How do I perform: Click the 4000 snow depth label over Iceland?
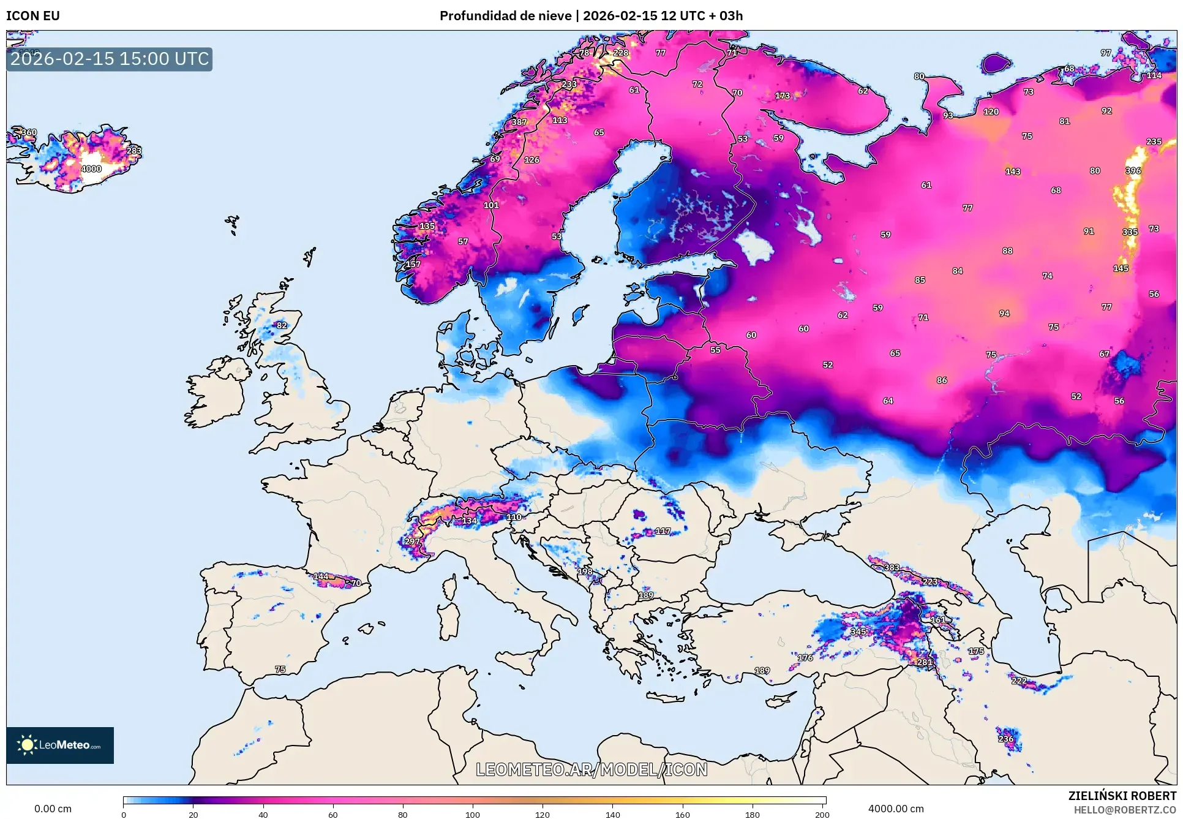click(x=91, y=169)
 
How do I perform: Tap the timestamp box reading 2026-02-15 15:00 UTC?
click(x=110, y=59)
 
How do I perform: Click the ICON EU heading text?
click(x=33, y=16)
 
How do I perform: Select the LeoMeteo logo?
click(x=60, y=745)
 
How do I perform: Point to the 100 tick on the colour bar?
click(x=473, y=814)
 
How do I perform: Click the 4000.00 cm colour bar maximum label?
click(x=895, y=809)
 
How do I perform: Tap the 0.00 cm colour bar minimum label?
click(x=53, y=809)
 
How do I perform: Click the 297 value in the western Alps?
click(x=412, y=542)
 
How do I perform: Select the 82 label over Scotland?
click(x=282, y=325)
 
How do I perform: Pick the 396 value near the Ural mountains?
click(x=1133, y=171)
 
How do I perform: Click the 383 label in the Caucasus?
click(x=892, y=567)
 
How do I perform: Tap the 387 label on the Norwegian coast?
click(x=519, y=122)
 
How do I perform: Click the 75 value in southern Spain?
click(x=280, y=670)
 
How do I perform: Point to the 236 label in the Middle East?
click(x=1005, y=739)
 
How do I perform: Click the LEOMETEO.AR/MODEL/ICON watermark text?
click(x=591, y=769)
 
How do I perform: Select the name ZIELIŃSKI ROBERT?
click(x=1122, y=796)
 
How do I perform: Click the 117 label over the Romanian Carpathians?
click(x=663, y=531)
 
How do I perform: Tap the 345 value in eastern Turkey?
click(x=858, y=632)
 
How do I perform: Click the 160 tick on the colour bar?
click(x=682, y=814)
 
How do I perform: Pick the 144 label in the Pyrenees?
click(x=321, y=576)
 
